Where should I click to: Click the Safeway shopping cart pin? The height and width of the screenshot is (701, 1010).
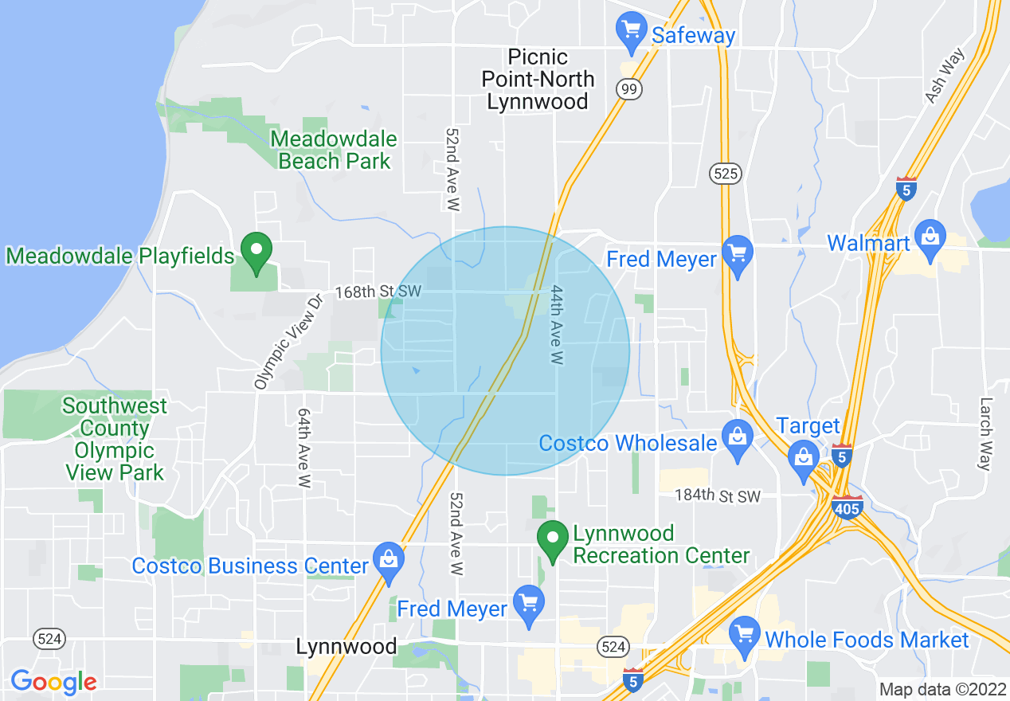(x=631, y=31)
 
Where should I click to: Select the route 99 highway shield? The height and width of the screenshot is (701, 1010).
(x=629, y=89)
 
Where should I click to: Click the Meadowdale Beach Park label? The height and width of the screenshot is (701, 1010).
(x=334, y=150)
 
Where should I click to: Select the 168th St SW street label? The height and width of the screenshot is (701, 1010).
(x=377, y=292)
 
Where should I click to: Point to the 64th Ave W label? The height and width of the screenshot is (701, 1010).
(x=304, y=448)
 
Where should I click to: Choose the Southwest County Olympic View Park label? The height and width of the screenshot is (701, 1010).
(x=115, y=439)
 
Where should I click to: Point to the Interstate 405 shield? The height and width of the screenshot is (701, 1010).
(x=847, y=506)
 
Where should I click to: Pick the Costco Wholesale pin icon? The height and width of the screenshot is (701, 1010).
(x=738, y=438)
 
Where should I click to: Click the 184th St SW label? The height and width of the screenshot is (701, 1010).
(x=718, y=496)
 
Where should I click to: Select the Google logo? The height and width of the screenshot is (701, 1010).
(x=53, y=682)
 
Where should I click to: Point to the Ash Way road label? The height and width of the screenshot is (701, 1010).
(x=945, y=76)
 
